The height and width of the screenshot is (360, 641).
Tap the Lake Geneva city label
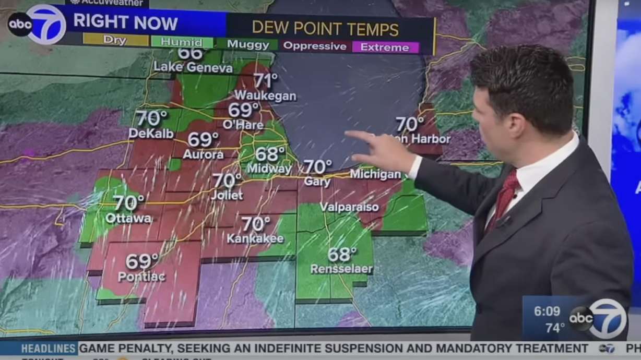(x=193, y=67)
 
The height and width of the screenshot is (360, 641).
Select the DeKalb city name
(x=151, y=134)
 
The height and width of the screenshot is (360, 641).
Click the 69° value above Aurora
(x=203, y=139)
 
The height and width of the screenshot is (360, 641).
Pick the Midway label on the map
(x=269, y=169)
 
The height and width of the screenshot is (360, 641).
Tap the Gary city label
(x=317, y=183)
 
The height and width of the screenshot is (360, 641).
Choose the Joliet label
(x=227, y=196)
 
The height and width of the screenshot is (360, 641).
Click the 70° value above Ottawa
(x=129, y=202)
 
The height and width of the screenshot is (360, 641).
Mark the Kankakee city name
(x=255, y=239)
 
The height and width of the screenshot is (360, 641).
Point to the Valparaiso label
(x=349, y=207)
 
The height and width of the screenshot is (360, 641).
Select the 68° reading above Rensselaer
(x=342, y=255)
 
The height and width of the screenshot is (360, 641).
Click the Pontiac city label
(x=141, y=277)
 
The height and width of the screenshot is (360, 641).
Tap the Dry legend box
(x=115, y=40)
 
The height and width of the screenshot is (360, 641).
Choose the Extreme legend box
(x=385, y=47)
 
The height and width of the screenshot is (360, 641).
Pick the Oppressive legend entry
(x=314, y=46)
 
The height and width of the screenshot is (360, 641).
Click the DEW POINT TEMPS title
(x=325, y=28)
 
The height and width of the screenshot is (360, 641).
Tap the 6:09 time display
(x=547, y=311)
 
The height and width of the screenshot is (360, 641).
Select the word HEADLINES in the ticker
(x=49, y=349)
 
